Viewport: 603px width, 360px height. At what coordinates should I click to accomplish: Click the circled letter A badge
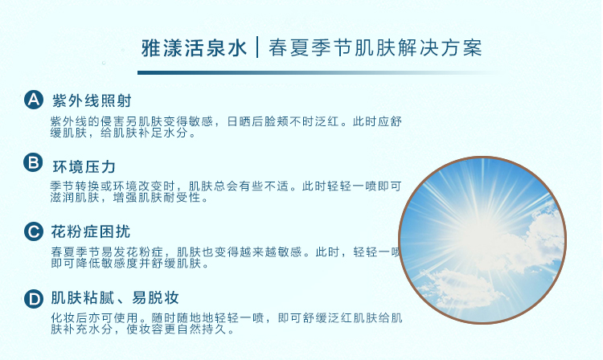[x=34, y=100]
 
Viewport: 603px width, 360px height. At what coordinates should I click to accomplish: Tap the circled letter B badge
[x=33, y=162]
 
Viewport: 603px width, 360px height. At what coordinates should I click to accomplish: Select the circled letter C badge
[x=34, y=231]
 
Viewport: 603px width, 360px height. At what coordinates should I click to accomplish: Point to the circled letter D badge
[x=34, y=299]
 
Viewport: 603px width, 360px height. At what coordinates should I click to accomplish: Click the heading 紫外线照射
[x=92, y=100]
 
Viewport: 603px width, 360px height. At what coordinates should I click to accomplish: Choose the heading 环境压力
[x=84, y=167]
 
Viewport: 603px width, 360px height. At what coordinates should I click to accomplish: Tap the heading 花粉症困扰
[x=91, y=231]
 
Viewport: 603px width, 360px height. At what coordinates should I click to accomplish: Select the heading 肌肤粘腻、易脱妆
[x=115, y=298]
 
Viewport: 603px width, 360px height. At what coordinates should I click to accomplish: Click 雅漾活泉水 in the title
[x=195, y=48]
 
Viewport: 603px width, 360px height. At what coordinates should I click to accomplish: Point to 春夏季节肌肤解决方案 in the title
[x=375, y=48]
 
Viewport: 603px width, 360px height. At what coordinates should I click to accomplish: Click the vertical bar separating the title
[x=257, y=47]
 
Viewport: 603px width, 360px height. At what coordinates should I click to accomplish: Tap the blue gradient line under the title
[x=319, y=72]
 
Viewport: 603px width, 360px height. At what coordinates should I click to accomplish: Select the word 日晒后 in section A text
[x=245, y=121]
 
